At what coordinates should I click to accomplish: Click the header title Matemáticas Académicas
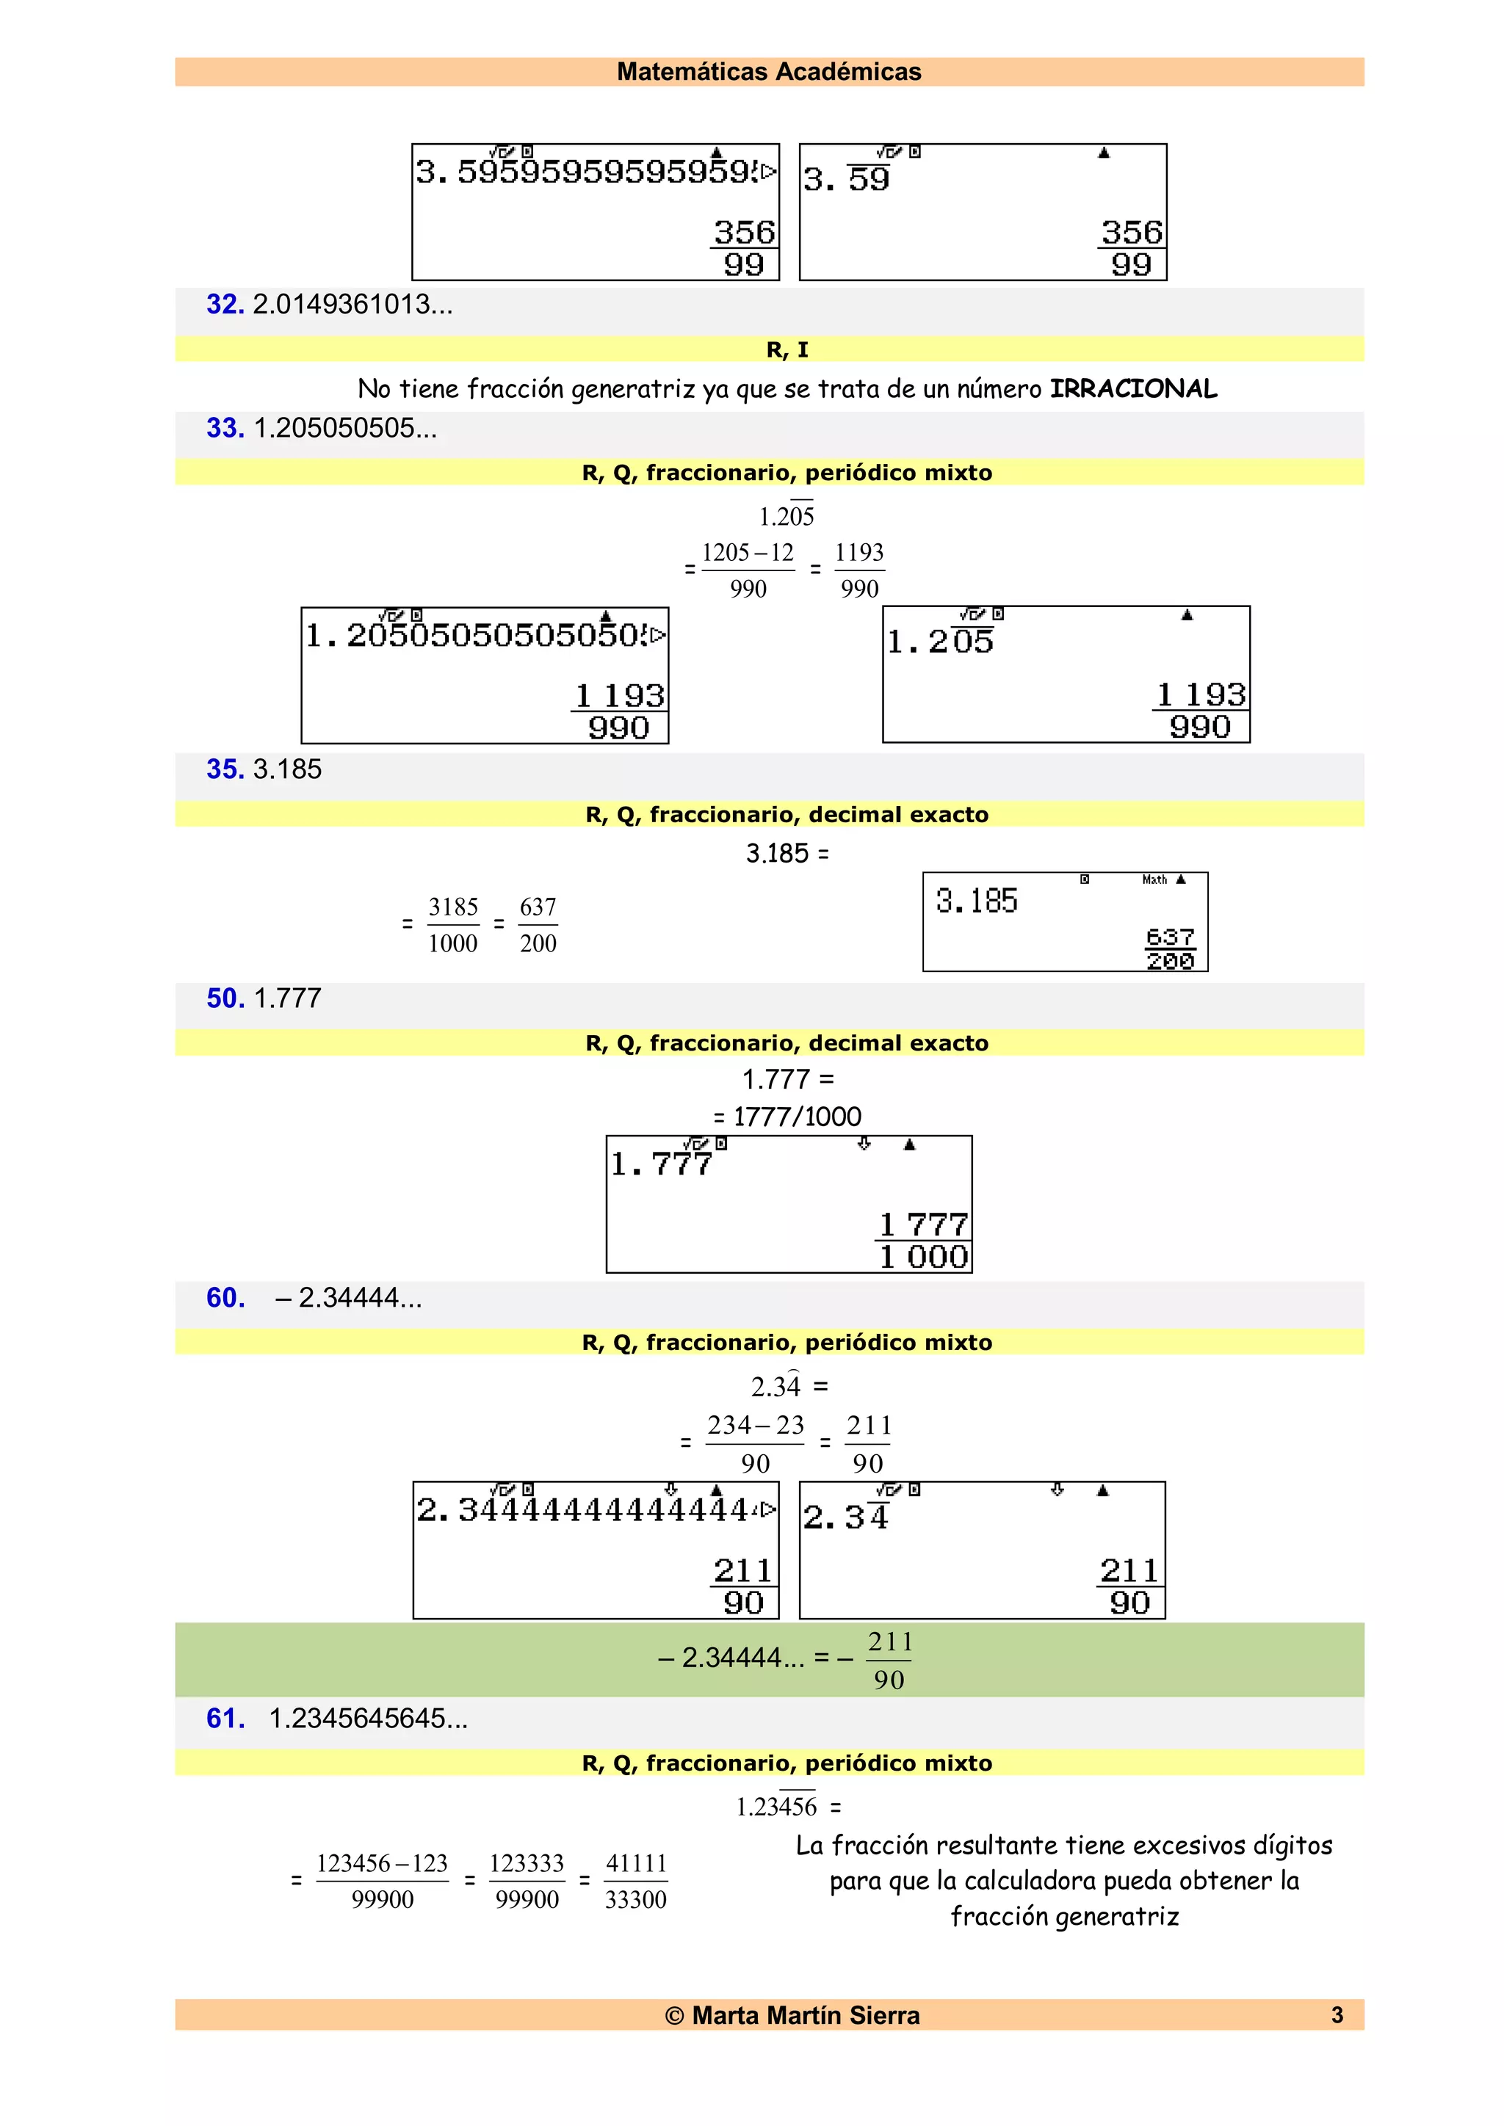(x=769, y=71)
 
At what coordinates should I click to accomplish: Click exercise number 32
(x=224, y=305)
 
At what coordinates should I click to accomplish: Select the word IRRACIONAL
(x=1132, y=389)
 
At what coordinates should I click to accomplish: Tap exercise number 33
(x=225, y=428)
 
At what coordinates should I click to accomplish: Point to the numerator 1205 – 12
(x=748, y=553)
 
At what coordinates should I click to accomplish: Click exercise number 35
(x=225, y=769)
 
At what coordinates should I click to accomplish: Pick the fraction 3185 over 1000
(x=453, y=925)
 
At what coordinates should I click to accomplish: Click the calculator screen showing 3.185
(x=1065, y=921)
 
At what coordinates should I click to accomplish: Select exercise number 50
(x=225, y=998)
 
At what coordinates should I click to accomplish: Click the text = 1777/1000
(x=788, y=1117)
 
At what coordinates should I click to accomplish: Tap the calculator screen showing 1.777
(x=789, y=1204)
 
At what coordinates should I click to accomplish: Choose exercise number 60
(x=225, y=1298)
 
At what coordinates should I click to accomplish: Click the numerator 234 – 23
(x=756, y=1425)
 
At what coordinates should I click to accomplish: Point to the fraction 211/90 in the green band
(x=889, y=1661)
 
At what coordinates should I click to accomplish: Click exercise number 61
(x=225, y=1719)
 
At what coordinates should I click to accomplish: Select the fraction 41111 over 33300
(x=635, y=1881)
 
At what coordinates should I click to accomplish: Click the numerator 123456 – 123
(x=382, y=1863)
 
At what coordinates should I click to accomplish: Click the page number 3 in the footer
(x=1337, y=2015)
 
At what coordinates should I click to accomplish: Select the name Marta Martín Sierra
(x=806, y=2016)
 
